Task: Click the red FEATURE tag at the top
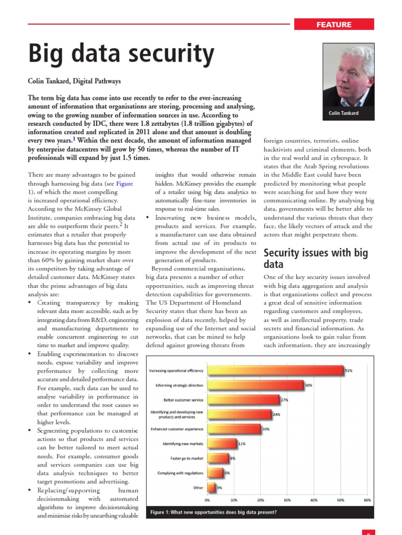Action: point(334,25)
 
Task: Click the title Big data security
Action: point(121,53)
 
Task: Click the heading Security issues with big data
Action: point(316,259)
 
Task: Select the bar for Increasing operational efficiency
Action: point(275,370)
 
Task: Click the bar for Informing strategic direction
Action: point(255,386)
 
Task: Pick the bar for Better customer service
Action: point(243,400)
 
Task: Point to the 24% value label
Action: point(276,415)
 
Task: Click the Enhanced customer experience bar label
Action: point(177,429)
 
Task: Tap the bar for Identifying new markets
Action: point(222,444)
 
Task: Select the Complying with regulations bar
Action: point(215,473)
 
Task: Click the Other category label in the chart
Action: point(199,487)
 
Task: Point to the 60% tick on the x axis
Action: point(367,500)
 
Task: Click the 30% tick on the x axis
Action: point(287,500)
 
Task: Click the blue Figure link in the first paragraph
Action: point(125,183)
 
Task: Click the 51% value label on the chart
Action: point(349,370)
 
